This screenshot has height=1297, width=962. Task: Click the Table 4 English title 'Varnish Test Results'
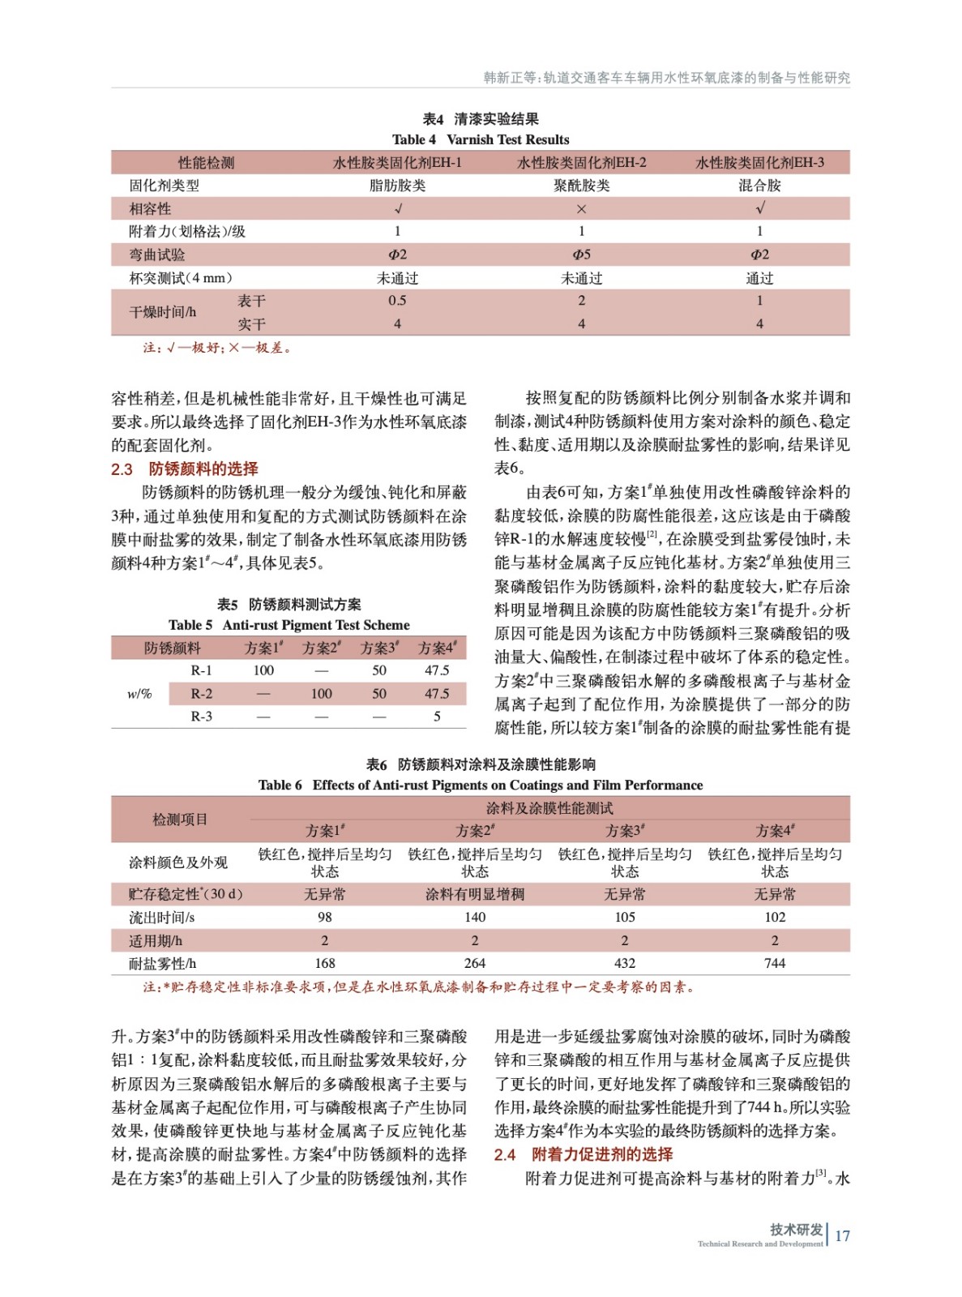coord(507,139)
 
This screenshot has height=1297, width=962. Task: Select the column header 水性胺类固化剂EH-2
coord(581,163)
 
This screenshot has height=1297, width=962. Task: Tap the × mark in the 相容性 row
coord(581,209)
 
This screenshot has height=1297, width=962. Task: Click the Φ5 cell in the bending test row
coord(581,255)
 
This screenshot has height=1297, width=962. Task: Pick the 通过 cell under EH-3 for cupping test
coord(759,278)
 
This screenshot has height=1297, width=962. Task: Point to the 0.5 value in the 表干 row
coord(397,301)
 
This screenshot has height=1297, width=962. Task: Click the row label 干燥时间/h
coord(162,312)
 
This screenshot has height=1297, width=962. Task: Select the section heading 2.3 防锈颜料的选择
coord(185,469)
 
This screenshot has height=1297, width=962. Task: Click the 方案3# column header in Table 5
coord(379,648)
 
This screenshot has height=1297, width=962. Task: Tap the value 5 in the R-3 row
coord(437,717)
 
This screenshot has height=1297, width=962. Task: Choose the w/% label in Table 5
coord(139,694)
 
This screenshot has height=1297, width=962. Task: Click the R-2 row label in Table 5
coord(201,694)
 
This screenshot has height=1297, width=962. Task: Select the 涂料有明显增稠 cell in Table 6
coord(474,894)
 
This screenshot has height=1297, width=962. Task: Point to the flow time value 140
coord(474,918)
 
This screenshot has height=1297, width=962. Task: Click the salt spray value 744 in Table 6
coord(774,963)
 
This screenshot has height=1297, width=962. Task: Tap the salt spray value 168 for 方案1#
coord(324,963)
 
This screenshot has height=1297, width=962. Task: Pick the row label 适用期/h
coord(156,941)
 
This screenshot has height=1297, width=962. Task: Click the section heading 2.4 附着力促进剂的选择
coord(584,1154)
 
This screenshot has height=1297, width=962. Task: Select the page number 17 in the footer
coord(842,1236)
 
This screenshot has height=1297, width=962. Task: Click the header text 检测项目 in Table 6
coord(180,820)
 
